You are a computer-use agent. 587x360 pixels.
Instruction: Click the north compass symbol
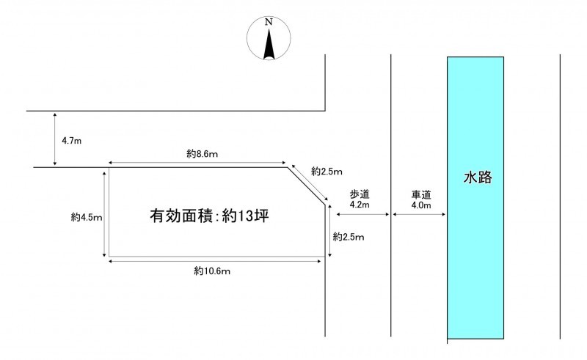point(269,40)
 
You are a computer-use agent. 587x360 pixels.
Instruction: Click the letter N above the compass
point(269,23)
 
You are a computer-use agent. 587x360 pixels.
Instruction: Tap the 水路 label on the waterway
point(476,177)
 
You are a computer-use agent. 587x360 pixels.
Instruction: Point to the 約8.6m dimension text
point(203,154)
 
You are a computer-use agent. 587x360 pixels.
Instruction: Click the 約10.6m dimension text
point(213,271)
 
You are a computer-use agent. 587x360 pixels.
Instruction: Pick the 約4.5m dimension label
point(87,217)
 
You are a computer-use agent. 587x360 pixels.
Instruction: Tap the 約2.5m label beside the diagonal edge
point(327,172)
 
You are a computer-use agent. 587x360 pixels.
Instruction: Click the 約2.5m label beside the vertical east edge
point(348,236)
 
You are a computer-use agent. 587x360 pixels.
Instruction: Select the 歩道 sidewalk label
point(360,194)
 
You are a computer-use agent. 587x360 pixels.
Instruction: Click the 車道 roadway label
point(420,194)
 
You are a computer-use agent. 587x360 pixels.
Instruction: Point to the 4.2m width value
point(360,205)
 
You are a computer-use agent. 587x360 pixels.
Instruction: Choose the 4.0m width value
point(420,205)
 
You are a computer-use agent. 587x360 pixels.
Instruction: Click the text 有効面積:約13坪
point(206,217)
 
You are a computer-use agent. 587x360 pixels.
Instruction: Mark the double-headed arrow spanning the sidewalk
point(362,214)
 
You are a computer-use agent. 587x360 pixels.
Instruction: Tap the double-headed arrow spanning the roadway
point(420,214)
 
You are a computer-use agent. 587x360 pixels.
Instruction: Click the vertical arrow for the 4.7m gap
point(56,139)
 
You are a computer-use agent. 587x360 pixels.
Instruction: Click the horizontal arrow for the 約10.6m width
point(216,258)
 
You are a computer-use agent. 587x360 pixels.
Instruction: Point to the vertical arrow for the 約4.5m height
point(109,212)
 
